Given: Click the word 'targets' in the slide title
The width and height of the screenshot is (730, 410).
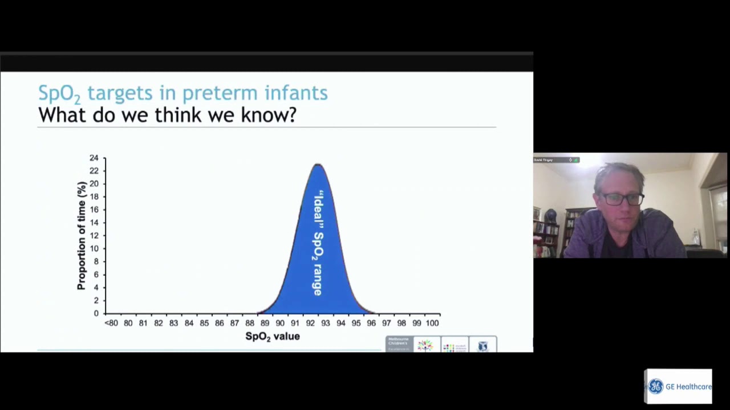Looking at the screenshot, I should [120, 93].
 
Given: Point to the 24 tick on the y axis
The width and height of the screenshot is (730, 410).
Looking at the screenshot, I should [94, 158].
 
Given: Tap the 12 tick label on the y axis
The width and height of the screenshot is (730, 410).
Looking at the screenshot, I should [94, 235].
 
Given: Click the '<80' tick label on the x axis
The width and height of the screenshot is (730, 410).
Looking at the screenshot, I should [111, 323].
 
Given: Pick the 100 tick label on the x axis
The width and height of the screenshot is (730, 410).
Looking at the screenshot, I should [432, 323].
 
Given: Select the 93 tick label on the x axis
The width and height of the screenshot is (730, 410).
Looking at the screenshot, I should [325, 323].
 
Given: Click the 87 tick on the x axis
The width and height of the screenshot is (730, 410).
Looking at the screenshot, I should [234, 323].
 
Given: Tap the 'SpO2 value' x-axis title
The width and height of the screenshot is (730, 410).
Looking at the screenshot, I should [272, 337].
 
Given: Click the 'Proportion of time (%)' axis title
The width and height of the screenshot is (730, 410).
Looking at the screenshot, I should [82, 235].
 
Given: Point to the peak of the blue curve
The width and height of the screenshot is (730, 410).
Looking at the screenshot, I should [318, 165].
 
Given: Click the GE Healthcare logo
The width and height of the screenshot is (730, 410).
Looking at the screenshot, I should [679, 387].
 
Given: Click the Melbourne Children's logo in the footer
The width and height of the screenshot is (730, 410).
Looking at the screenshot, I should [399, 344].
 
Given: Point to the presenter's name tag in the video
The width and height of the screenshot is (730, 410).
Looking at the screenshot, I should [545, 160].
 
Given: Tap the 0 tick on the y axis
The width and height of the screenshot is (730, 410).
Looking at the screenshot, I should [96, 313].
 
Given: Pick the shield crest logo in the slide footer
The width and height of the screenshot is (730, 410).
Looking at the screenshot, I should [483, 346].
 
